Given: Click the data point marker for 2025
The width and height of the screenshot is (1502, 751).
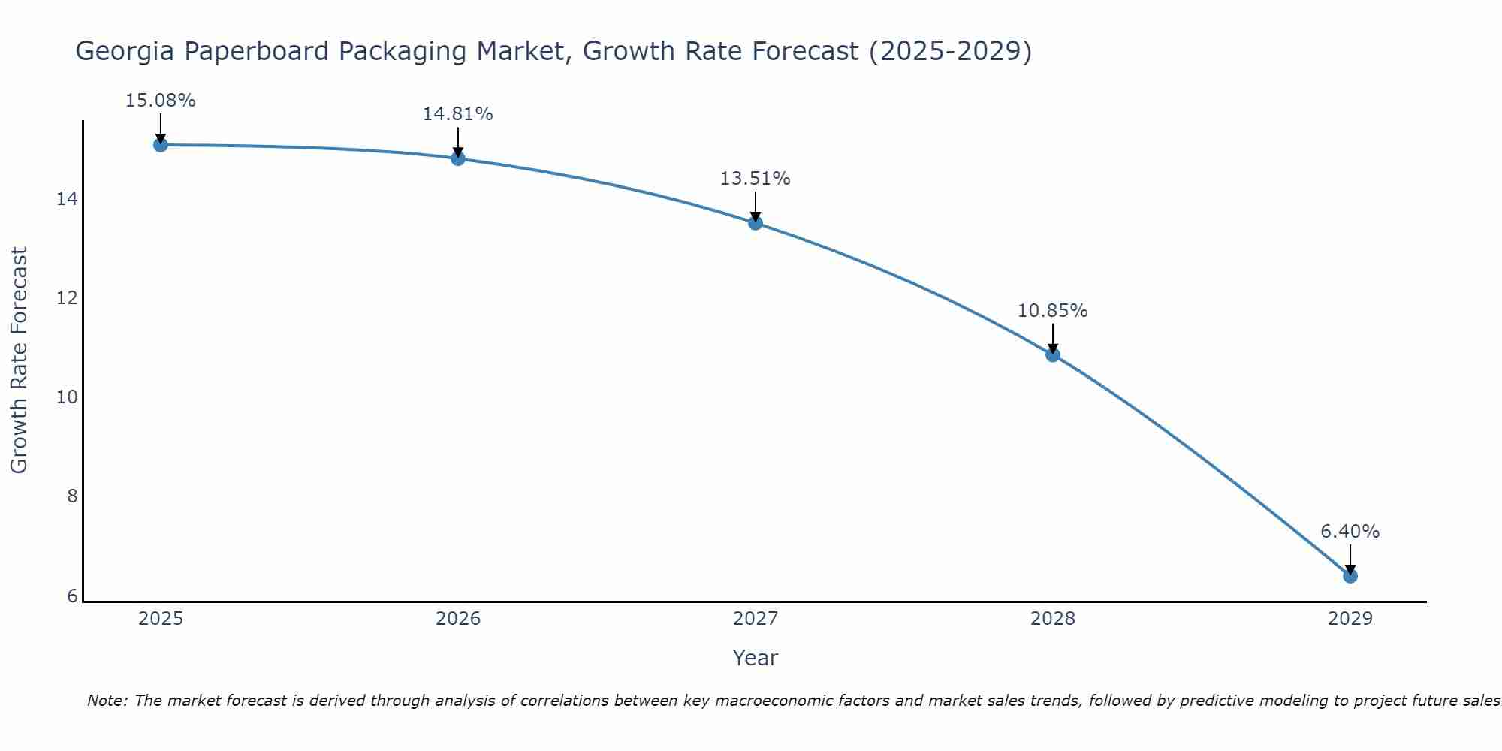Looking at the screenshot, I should click(160, 145).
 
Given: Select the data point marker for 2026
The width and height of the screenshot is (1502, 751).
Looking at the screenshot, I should click(458, 158).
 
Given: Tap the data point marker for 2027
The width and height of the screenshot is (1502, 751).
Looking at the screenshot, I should click(756, 223).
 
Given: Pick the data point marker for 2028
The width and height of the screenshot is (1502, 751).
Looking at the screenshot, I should click(1053, 355).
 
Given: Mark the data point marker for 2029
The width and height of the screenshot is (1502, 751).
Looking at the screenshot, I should click(1350, 576).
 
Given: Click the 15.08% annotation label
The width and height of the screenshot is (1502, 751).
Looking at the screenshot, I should click(160, 101).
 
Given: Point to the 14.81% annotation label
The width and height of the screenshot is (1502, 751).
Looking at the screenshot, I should click(457, 114).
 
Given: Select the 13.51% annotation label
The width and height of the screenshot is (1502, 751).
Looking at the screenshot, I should click(755, 179).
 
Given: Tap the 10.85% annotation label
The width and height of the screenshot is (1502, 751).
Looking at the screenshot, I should click(1052, 311).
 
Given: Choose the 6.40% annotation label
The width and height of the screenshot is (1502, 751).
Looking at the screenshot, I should click(1350, 532).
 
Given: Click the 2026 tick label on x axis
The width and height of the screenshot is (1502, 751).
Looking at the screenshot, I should click(458, 620).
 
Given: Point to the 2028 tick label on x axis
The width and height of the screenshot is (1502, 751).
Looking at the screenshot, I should click(1053, 620).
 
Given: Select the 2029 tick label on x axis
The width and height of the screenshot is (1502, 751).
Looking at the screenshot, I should click(1350, 620).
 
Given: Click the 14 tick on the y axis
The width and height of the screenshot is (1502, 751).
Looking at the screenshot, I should click(67, 199).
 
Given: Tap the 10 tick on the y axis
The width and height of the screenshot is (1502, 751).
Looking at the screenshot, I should click(67, 397).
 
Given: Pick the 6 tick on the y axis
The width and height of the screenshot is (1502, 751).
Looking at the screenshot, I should click(72, 596).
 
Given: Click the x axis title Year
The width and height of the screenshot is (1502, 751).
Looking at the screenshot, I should click(755, 659).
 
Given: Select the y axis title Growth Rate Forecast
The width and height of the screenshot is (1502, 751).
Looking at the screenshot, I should click(20, 360).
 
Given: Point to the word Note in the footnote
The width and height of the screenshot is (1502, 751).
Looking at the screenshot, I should click(107, 701).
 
